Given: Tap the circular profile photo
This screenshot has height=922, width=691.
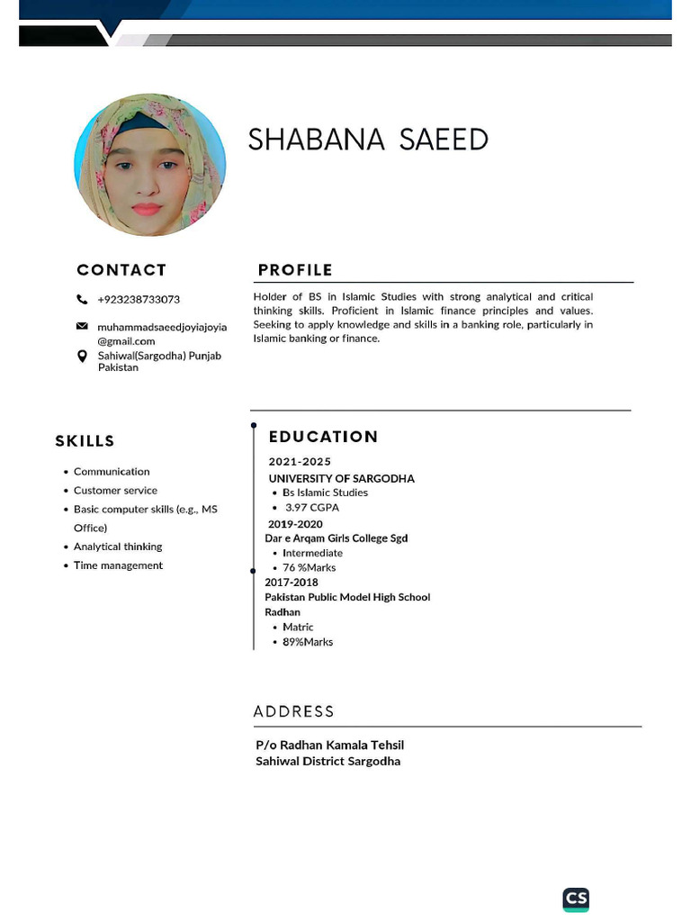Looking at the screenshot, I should tap(149, 166).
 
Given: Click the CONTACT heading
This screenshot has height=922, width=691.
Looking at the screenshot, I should tap(121, 270).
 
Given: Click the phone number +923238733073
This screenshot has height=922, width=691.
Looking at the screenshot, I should tap(139, 300).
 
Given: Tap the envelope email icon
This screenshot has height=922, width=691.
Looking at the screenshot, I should tap(82, 326).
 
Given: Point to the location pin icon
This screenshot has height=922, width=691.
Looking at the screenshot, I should tap(82, 357).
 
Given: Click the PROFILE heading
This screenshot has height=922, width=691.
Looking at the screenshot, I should tap(295, 270).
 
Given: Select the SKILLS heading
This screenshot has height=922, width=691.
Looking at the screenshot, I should tap(85, 441).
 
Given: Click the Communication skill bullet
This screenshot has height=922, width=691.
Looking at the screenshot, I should tap(112, 472).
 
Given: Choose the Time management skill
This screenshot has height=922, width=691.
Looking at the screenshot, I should tap(118, 565).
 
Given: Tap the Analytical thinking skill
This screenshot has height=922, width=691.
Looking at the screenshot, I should tap(118, 547).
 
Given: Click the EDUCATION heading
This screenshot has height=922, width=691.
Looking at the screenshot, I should tap(323, 437).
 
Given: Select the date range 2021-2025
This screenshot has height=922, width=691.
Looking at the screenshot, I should tap(300, 462).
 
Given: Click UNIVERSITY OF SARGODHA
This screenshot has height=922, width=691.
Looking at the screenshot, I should tap(341, 479).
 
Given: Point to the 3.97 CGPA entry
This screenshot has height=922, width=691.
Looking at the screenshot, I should tap(311, 508).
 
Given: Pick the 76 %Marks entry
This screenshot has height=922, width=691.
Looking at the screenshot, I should tap(309, 568).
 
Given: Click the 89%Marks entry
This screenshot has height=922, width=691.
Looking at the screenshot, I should tap(308, 642).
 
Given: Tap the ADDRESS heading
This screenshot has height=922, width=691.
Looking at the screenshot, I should tap(293, 711).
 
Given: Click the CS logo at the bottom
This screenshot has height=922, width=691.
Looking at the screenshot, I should tap(576, 899).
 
